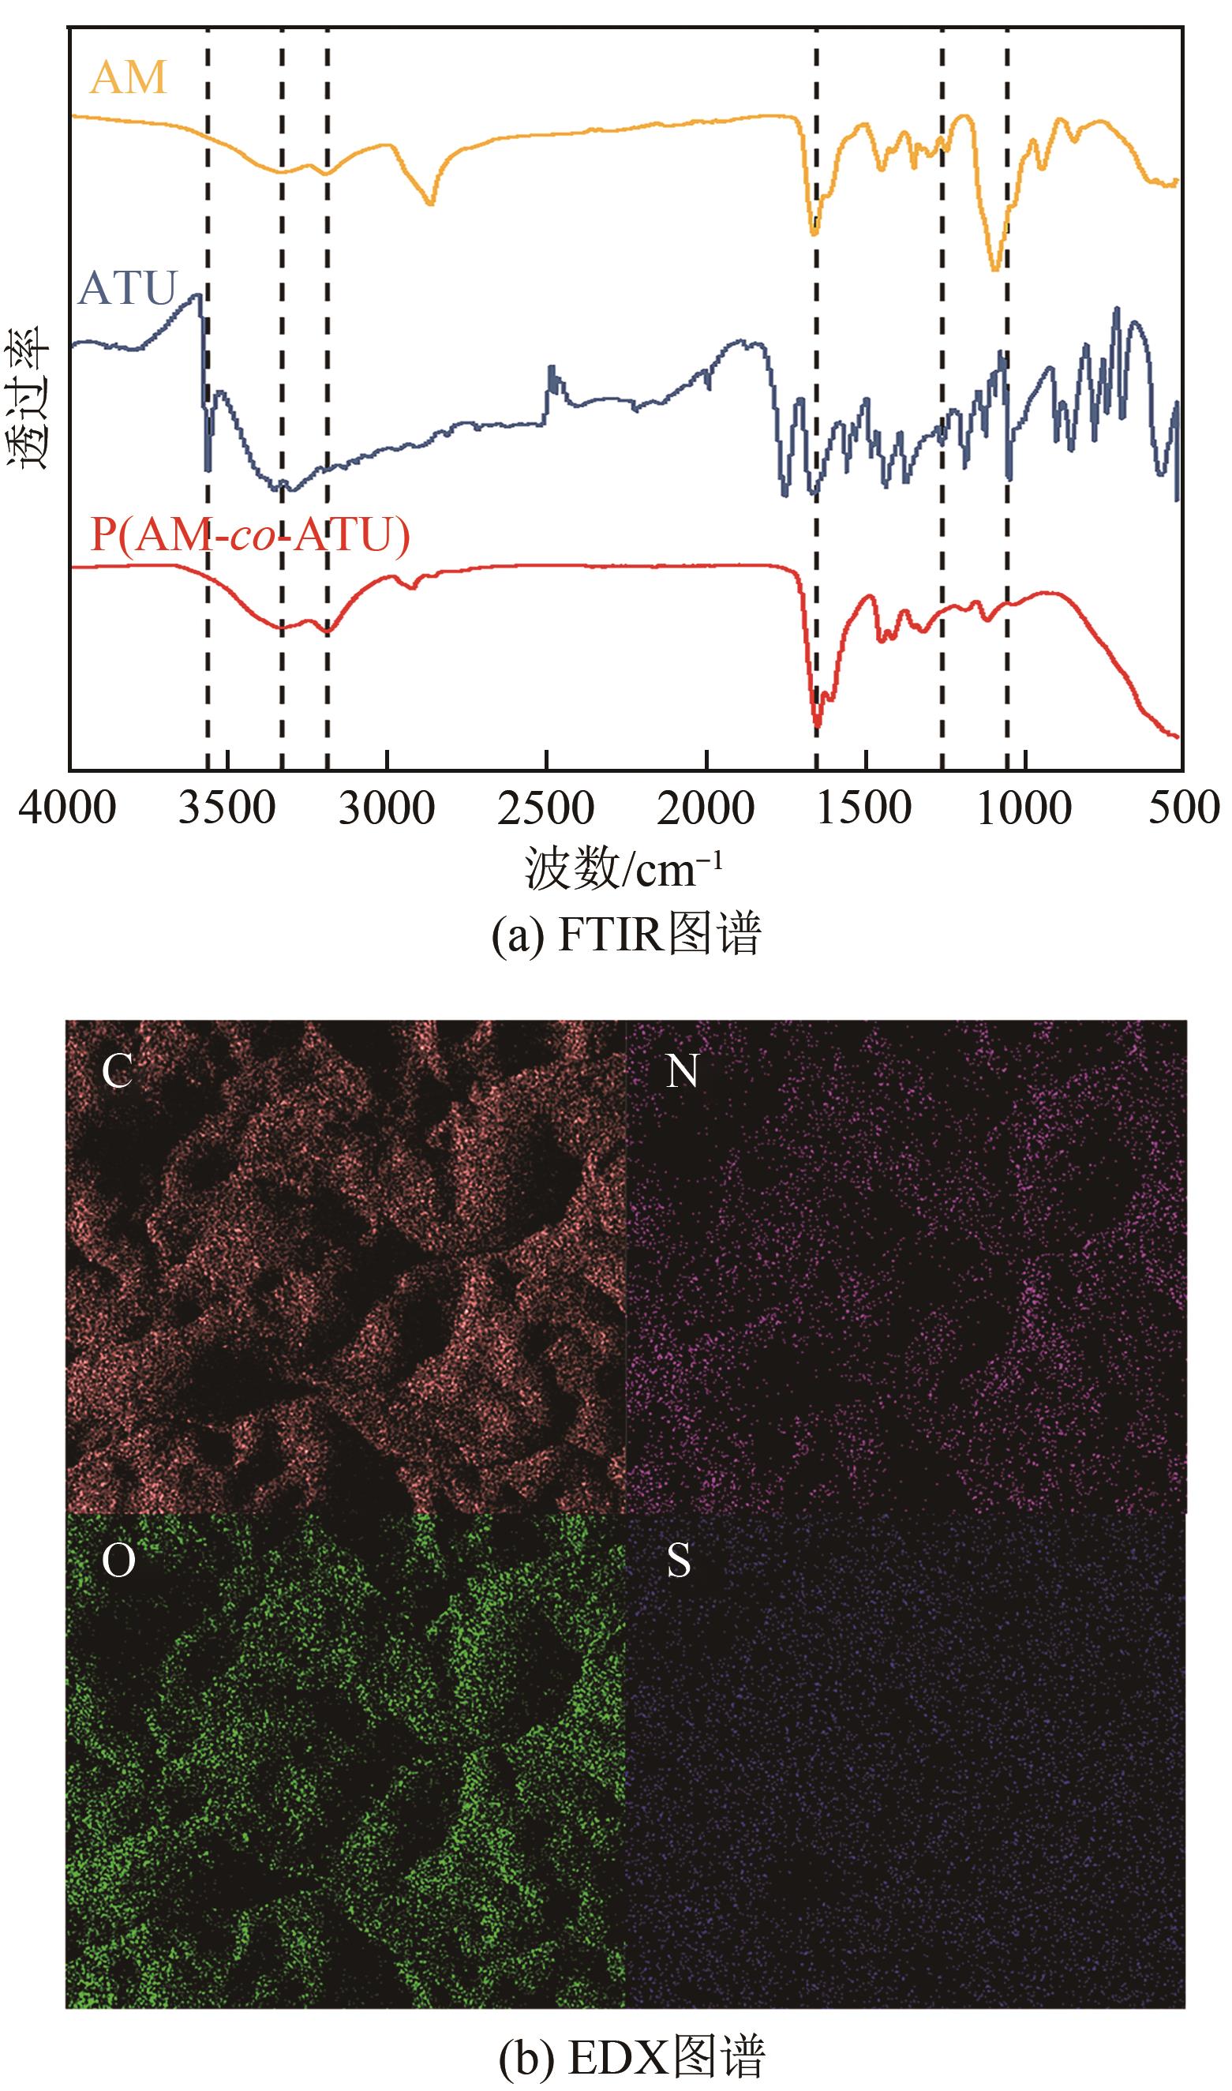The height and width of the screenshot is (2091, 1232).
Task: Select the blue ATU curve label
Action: pos(128,288)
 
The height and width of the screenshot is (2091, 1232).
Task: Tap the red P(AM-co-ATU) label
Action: pos(250,534)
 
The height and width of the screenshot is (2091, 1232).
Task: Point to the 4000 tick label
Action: pos(67,808)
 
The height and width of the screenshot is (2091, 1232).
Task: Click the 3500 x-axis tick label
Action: pos(227,808)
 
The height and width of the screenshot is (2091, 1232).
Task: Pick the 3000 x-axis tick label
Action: pos(387,808)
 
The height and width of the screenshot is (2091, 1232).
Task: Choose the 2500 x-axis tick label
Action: pos(546,808)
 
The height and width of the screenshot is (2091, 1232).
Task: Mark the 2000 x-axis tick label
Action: pos(706,808)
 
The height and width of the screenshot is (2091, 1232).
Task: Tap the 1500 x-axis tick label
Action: pos(865,808)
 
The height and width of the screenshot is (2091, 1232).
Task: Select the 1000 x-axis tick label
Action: pos(1024,808)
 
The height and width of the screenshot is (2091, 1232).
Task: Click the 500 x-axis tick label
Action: pos(1184,808)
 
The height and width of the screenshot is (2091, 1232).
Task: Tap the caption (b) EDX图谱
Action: pos(631,2057)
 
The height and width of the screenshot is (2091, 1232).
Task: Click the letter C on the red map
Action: pos(117,1071)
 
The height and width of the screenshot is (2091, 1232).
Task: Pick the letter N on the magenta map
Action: pos(683,1071)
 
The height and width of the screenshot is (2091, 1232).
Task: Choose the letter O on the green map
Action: pos(118,1561)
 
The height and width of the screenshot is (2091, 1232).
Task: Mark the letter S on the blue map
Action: pos(679,1561)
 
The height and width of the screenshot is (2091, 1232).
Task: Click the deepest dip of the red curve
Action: pos(818,725)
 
